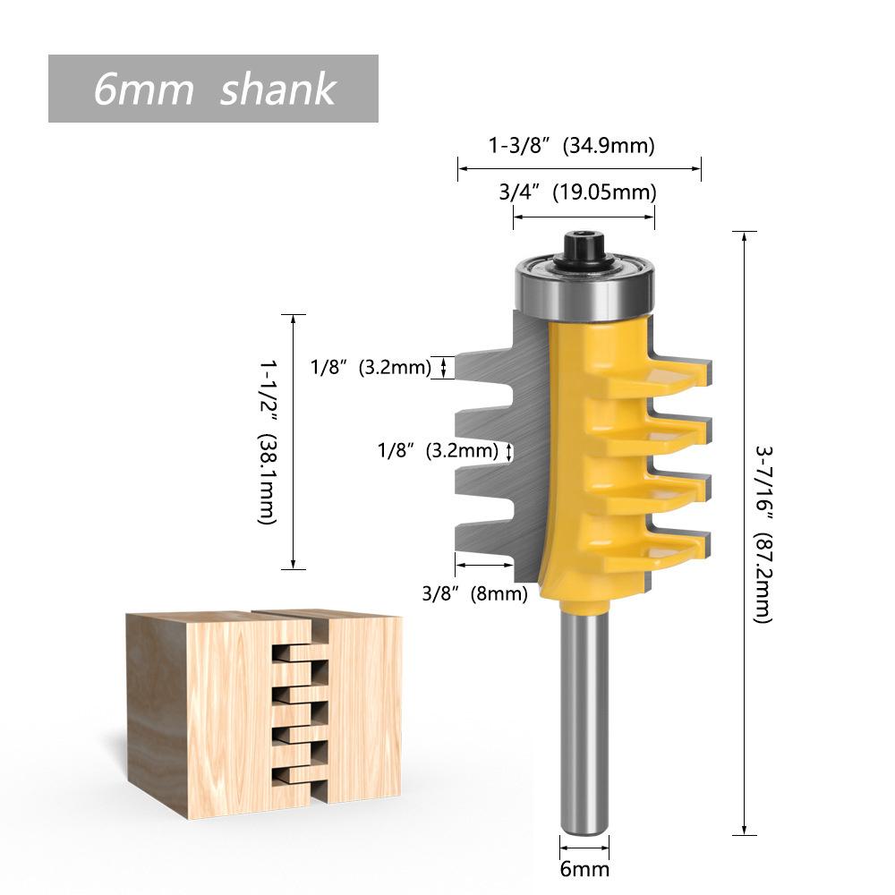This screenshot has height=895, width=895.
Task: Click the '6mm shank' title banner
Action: [213, 89]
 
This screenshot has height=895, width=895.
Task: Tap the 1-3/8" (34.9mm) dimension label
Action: [571, 145]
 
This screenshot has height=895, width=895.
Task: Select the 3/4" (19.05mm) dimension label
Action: [577, 192]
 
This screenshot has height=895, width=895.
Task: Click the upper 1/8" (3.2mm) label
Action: [371, 366]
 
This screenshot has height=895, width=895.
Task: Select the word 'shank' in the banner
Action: [277, 89]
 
